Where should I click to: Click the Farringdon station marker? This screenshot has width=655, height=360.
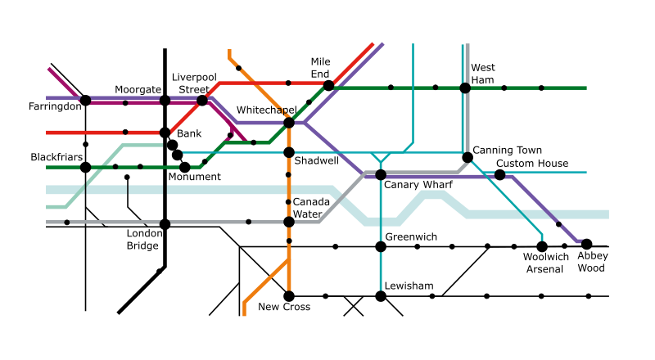[x=85, y=101]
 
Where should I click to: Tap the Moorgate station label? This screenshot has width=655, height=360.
[x=138, y=89]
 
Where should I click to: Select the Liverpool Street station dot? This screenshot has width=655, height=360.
[x=202, y=101]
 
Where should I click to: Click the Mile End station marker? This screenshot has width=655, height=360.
[x=328, y=85]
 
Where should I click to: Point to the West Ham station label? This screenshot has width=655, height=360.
[x=483, y=74]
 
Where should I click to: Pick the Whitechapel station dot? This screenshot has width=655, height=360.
[x=288, y=123]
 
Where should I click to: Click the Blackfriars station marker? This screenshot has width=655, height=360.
[x=85, y=167]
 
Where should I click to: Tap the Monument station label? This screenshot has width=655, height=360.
[x=194, y=177]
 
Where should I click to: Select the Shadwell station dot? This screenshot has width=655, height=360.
[x=288, y=152]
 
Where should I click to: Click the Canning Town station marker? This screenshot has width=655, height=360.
[x=467, y=157]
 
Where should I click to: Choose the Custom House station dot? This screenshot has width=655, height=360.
[x=499, y=174]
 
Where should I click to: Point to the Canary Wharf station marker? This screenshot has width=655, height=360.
[x=380, y=174]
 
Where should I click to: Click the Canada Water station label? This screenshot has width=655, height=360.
[x=311, y=208]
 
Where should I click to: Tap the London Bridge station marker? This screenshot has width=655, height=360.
[x=165, y=223]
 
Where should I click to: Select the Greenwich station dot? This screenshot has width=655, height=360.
[x=380, y=246]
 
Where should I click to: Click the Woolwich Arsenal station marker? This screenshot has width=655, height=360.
[x=541, y=246]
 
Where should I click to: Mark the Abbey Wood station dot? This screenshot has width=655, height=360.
[x=586, y=243]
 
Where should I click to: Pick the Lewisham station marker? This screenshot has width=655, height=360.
[x=380, y=295]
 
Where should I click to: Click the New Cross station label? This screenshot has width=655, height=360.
[x=284, y=307]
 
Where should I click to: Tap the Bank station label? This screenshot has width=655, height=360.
[x=189, y=133]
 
